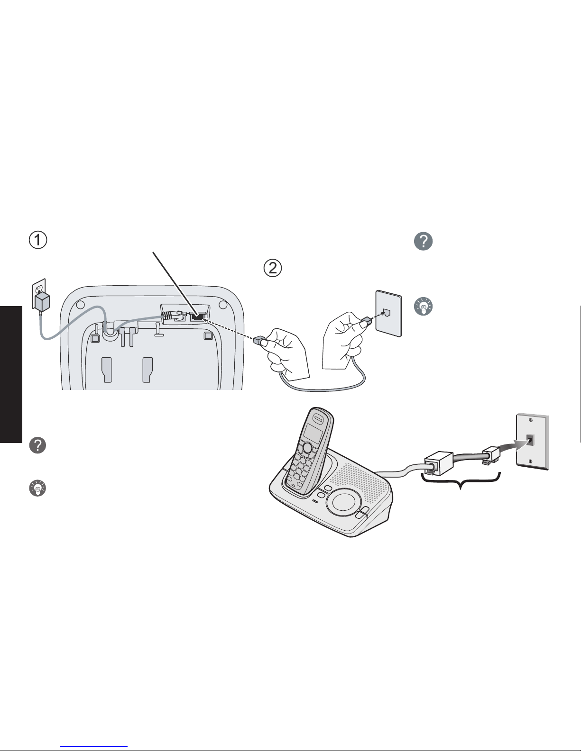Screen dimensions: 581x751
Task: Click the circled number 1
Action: [37, 240]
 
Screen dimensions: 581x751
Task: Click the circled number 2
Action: [273, 268]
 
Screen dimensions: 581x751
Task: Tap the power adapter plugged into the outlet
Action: [42, 302]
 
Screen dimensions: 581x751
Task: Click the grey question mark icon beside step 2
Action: [423, 241]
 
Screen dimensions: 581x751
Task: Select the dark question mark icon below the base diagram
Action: [37, 445]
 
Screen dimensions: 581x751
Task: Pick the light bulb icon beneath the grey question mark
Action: [423, 306]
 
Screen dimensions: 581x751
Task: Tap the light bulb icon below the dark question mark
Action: [37, 488]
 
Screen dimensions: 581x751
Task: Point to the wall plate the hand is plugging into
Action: [389, 313]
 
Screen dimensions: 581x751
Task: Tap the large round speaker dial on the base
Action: [343, 501]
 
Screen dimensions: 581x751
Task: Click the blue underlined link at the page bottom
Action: [94, 747]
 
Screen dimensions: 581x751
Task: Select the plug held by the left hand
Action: [258, 340]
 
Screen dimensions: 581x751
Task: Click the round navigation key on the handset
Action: [307, 448]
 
